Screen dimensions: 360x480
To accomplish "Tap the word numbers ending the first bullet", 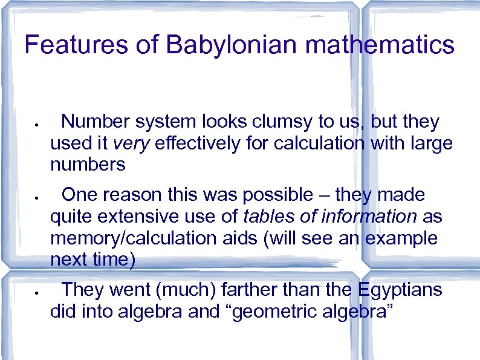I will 88,165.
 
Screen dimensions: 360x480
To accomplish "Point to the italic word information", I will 368,216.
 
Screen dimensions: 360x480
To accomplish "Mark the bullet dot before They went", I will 37,293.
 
